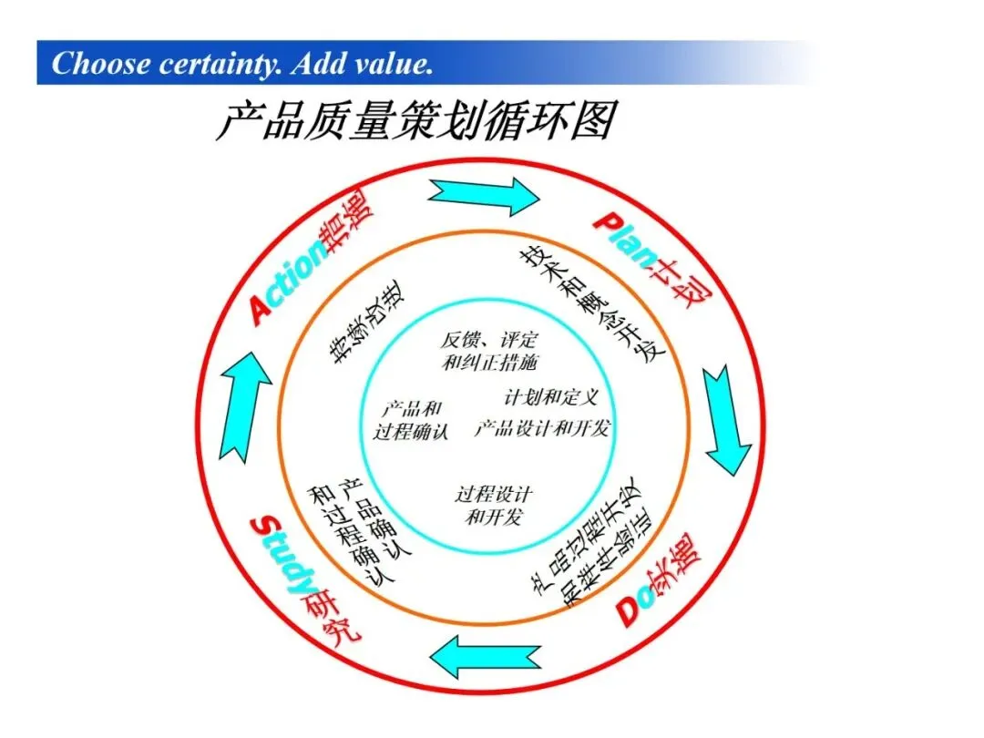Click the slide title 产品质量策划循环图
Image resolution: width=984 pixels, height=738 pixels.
(x=415, y=121)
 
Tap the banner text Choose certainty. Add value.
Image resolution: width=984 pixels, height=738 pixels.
(x=241, y=64)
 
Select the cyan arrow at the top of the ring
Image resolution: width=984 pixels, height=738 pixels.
(x=484, y=194)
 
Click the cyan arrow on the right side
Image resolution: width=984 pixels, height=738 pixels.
(x=727, y=419)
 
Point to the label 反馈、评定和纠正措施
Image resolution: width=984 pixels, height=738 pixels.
(x=488, y=351)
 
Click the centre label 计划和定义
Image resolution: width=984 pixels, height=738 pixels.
(x=550, y=398)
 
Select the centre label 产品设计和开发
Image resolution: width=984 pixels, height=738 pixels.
(x=541, y=428)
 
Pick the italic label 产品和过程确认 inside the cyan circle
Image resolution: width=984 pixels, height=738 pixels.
(x=411, y=420)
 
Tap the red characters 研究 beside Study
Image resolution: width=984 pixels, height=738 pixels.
(x=334, y=622)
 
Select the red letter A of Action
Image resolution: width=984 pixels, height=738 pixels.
(x=261, y=311)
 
